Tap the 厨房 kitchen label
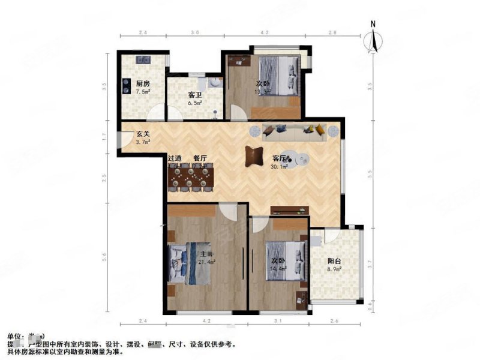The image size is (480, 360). [142, 84]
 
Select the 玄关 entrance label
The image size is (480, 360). [142, 134]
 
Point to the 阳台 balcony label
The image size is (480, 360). [334, 261]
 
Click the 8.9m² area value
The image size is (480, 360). [334, 269]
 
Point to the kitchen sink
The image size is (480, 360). [143, 59]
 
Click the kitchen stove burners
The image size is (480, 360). [127, 87]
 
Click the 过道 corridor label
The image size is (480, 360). [175, 158]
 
